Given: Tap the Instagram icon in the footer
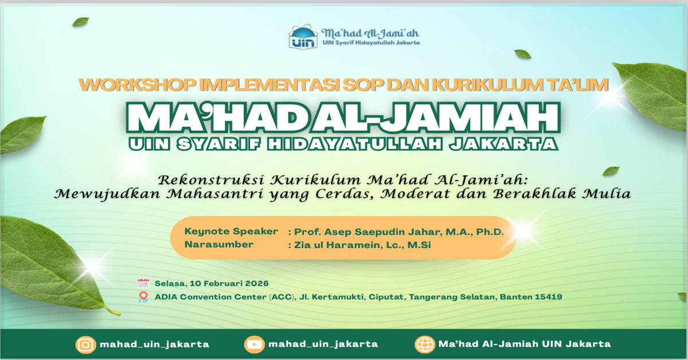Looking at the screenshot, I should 85,345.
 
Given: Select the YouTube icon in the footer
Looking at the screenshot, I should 253,345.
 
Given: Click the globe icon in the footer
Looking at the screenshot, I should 425,345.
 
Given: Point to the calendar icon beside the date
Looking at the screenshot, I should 143,284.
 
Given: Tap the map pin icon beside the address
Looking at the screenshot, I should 143,297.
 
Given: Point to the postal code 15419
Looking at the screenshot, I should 548,297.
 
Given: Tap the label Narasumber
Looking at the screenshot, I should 219,245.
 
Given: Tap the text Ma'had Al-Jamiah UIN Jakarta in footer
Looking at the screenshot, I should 524,345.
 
